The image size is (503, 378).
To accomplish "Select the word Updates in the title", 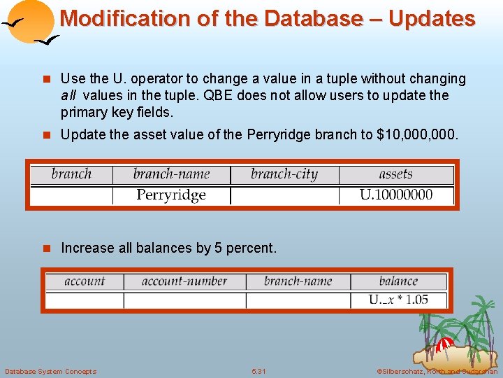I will (432, 19).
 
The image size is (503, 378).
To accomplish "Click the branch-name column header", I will (171, 174).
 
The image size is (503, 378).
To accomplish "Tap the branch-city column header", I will (284, 174).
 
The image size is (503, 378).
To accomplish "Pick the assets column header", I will (395, 174).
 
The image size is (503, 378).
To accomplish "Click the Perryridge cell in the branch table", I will (171, 195).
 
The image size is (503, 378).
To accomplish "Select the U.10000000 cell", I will (395, 195).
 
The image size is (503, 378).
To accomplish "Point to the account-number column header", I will (184, 281).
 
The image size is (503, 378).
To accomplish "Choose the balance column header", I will (398, 281).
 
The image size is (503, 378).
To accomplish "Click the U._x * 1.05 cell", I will (398, 300).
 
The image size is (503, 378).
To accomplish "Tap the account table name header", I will (85, 281).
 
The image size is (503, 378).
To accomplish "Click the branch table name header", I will (71, 174).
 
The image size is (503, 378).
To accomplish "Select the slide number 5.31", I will (258, 371).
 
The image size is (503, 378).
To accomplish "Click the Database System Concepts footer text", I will (50, 371).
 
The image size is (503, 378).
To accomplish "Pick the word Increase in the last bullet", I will (87, 248).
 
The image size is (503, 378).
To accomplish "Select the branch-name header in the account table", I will (298, 281).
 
